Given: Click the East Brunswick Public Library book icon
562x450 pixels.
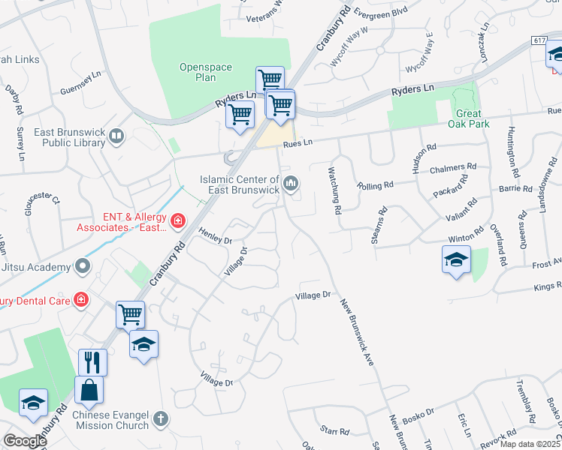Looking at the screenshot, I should coord(116,136).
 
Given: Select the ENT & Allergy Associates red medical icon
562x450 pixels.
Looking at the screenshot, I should coord(177,220).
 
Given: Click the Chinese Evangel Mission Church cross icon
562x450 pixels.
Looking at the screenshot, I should coord(160,419).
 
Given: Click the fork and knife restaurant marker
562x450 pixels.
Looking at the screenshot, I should coord(92,362).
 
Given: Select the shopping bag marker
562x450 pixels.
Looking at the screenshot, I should coord(89,390).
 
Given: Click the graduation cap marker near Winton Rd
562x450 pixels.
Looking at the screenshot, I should coord(455,259).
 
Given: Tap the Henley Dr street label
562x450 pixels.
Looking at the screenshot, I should coord(216,237).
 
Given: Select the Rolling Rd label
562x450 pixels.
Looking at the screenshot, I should coord(376,185).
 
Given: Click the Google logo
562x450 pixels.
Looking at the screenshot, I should coord(24,441).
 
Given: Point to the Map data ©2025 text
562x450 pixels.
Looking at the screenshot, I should coord(530,444).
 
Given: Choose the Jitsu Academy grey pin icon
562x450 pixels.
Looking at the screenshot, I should coord(82,266).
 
